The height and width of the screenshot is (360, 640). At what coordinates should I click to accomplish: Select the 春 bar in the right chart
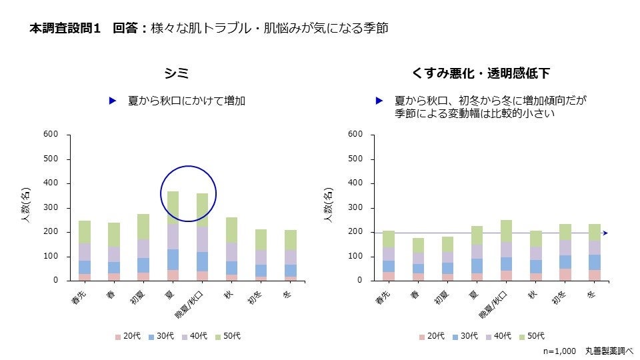(x=418, y=259)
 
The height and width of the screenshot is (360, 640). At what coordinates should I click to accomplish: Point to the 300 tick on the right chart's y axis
(x=356, y=208)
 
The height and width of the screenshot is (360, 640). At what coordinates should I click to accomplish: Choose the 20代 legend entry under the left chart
(x=127, y=337)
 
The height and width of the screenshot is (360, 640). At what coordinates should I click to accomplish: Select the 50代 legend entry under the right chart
(x=531, y=337)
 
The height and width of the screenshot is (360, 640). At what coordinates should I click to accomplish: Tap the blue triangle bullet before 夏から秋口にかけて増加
(x=113, y=101)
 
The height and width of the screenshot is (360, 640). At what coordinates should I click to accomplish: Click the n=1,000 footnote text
(x=559, y=350)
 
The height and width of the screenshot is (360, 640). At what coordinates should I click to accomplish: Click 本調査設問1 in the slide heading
(x=65, y=29)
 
